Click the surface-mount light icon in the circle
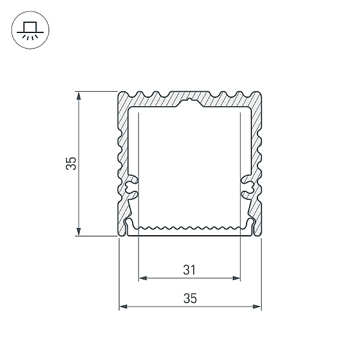30,30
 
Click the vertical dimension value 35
71,163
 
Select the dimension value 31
190,270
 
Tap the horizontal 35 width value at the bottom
190,298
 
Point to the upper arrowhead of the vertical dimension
79,95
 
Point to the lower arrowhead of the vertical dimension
79,232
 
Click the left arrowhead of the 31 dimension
143,278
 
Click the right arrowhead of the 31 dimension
236,278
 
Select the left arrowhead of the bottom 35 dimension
123,307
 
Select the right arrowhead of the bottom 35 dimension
257,307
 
